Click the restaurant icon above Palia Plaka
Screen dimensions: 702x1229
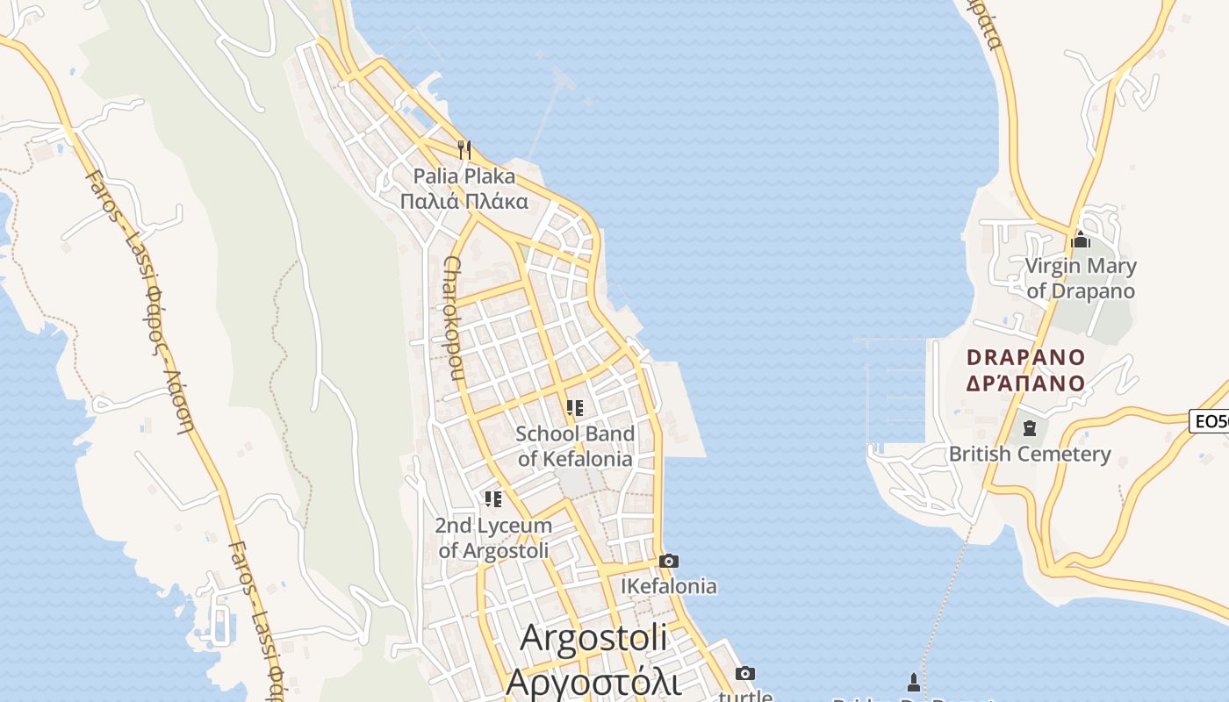pyautogui.click(x=464, y=149)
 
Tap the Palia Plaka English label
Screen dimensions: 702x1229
pyautogui.click(x=464, y=176)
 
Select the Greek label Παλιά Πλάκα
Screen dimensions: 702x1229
pyautogui.click(x=464, y=202)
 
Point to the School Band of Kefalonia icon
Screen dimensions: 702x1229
pyautogui.click(x=575, y=407)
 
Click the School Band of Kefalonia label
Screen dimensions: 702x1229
pyautogui.click(x=575, y=446)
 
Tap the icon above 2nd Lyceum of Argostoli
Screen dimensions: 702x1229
pyautogui.click(x=493, y=499)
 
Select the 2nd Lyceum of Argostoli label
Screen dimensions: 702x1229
pyautogui.click(x=494, y=538)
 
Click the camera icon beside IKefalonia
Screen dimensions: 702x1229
pyautogui.click(x=669, y=561)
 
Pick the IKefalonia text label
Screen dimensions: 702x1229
pyautogui.click(x=669, y=586)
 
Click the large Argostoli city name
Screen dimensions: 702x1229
pyautogui.click(x=593, y=638)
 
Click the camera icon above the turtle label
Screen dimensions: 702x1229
pyautogui.click(x=745, y=673)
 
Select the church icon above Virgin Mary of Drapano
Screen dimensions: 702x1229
pyautogui.click(x=1081, y=240)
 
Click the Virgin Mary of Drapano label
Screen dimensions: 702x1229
pyautogui.click(x=1081, y=278)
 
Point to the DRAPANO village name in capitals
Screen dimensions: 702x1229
pyautogui.click(x=1026, y=358)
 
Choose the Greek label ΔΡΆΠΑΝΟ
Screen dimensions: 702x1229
pyautogui.click(x=1026, y=383)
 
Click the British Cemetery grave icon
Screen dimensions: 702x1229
pyautogui.click(x=1029, y=428)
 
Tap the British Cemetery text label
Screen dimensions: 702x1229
pyautogui.click(x=1030, y=455)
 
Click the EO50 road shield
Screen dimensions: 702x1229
pyautogui.click(x=1211, y=421)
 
